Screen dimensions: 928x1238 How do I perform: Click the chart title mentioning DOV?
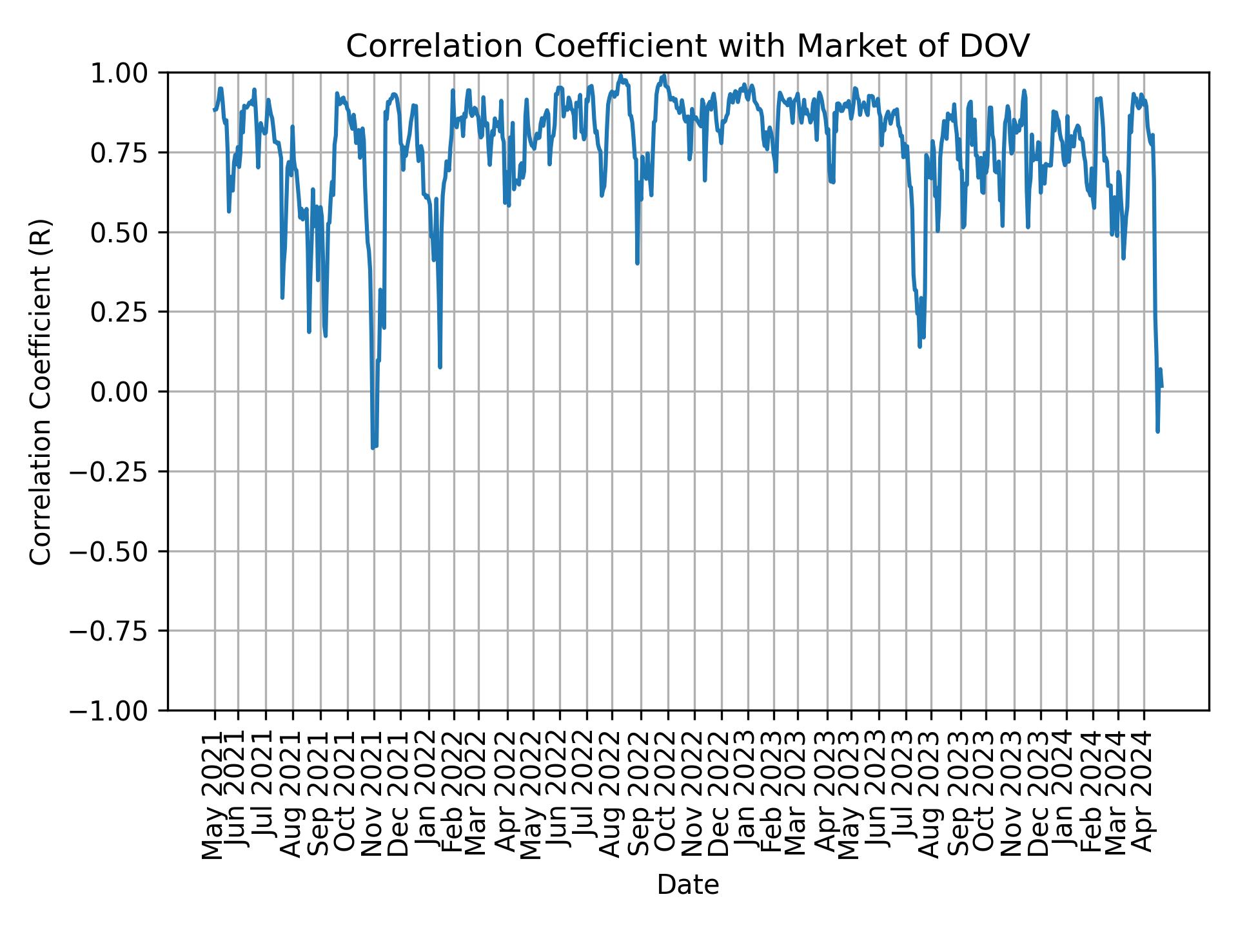coord(687,46)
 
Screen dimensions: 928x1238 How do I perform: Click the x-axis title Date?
coord(687,885)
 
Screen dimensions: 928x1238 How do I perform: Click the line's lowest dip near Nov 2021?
coord(373,447)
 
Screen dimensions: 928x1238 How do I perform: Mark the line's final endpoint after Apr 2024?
coord(1162,387)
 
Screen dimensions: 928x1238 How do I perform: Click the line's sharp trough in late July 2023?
coord(919,346)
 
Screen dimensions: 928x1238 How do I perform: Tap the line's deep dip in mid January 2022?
coord(440,367)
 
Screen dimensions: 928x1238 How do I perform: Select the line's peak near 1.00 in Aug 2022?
coord(621,75)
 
